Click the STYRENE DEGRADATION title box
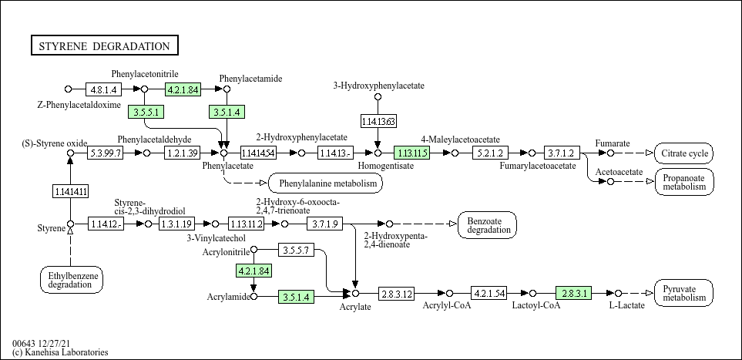point(105,46)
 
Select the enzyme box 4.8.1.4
point(104,89)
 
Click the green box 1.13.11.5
point(411,153)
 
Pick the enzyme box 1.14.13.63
point(378,122)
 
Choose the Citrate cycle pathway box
point(684,153)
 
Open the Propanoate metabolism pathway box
point(684,182)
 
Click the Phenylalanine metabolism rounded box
point(326,183)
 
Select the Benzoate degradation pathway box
point(488,225)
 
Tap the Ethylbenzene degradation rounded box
point(71,280)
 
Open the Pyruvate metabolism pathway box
point(684,293)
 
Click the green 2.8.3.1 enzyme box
point(574,293)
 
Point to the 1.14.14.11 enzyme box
point(71,191)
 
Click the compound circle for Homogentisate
point(378,153)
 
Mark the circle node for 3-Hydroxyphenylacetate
point(378,97)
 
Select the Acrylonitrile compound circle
point(253,250)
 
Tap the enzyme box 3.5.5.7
point(296,250)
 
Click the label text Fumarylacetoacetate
point(538,166)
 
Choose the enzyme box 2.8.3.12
point(396,294)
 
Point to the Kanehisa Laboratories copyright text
point(60,352)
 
